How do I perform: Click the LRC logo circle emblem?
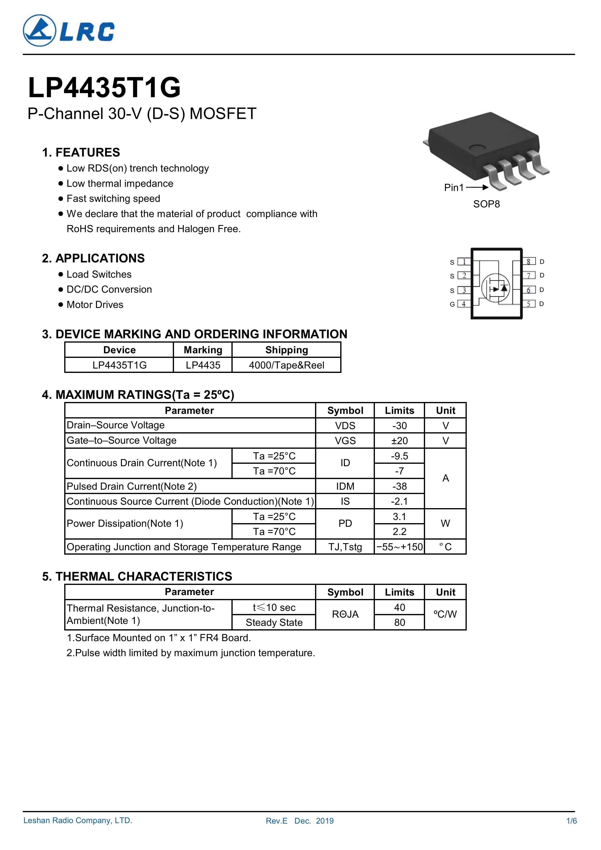click(x=39, y=31)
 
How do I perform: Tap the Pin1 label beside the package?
click(x=454, y=188)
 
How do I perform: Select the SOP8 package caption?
click(x=486, y=204)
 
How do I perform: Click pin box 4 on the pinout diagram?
click(x=464, y=304)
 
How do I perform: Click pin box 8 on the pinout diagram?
click(x=529, y=262)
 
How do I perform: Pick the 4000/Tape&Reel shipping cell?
click(x=286, y=365)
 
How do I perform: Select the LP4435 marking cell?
click(x=203, y=365)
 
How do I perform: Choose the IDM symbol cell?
click(x=345, y=486)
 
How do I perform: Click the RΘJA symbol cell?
click(x=345, y=614)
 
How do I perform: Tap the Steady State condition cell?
click(x=274, y=622)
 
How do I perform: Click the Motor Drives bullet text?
click(x=95, y=305)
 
